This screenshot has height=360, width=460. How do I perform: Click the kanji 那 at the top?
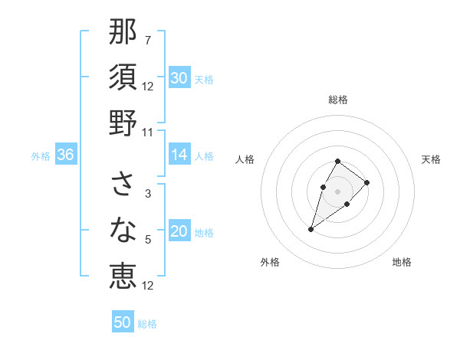click(x=123, y=32)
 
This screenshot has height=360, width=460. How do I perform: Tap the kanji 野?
click(x=123, y=122)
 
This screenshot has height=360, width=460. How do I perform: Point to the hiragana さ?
click(x=123, y=184)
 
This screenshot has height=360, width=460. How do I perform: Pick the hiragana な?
click(x=123, y=229)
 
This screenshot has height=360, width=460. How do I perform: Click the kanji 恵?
click(x=123, y=275)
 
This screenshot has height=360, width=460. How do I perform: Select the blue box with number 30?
click(x=179, y=78)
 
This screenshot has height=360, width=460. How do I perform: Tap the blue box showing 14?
click(x=179, y=155)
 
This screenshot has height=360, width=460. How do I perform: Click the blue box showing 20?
click(x=179, y=232)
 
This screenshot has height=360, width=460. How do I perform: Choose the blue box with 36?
click(x=66, y=155)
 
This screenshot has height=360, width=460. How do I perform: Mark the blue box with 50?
click(x=123, y=322)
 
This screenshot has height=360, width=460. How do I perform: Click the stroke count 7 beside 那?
click(x=148, y=41)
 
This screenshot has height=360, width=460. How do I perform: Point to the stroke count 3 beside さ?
click(x=148, y=194)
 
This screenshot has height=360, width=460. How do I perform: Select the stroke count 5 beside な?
click(x=148, y=240)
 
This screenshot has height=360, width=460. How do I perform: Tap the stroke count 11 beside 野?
click(x=148, y=132)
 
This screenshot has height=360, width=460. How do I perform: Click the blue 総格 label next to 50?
click(x=147, y=324)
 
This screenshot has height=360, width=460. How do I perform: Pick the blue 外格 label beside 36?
click(x=41, y=156)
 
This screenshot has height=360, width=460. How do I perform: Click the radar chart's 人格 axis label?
click(x=245, y=159)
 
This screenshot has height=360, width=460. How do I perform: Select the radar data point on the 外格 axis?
click(x=311, y=229)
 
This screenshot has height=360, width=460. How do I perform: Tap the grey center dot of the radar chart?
click(x=337, y=191)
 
